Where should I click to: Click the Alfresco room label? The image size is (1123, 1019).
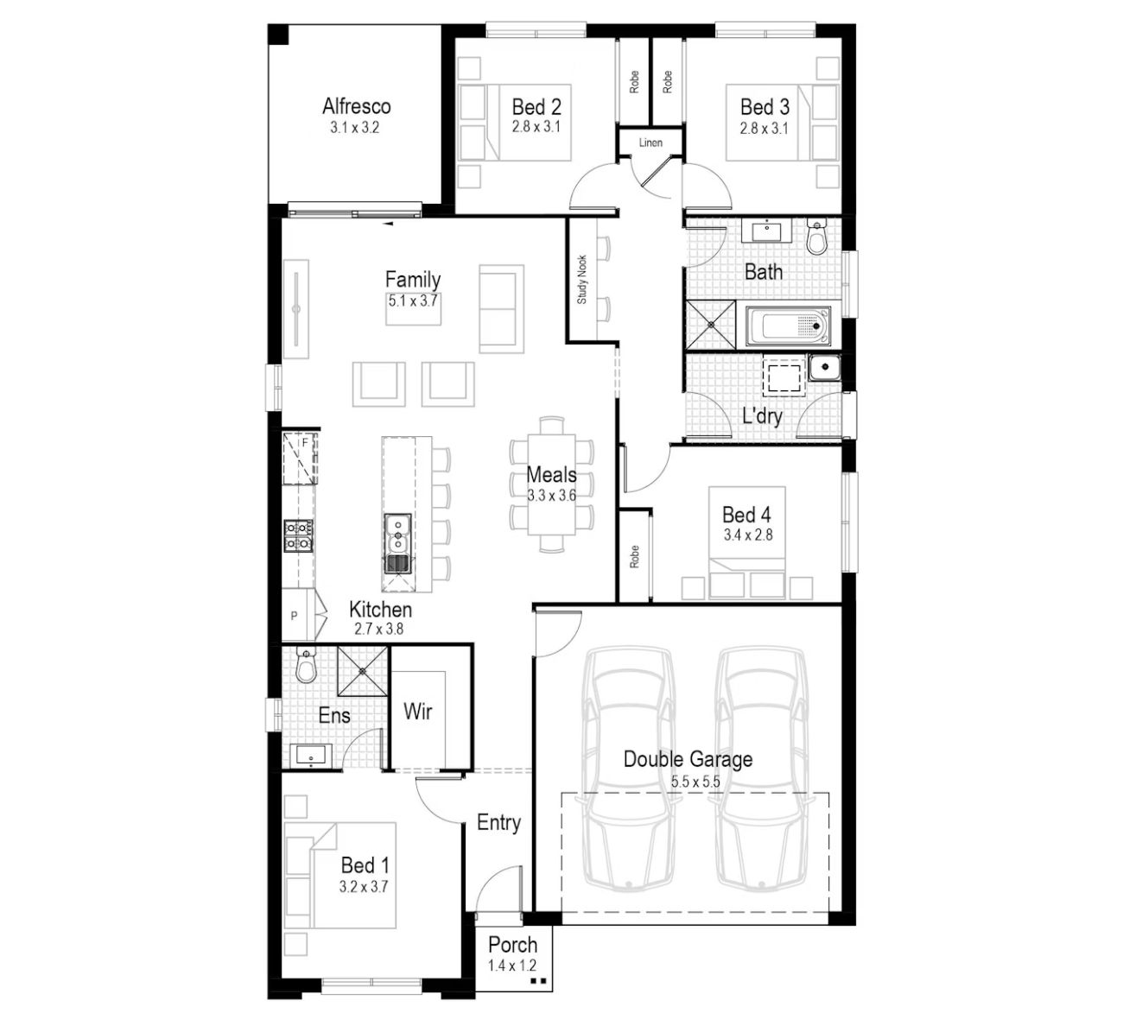click(x=356, y=106)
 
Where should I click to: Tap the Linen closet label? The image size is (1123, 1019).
click(x=650, y=142)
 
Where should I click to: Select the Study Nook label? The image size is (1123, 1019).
click(x=581, y=280)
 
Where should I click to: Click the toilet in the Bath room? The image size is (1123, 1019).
click(x=817, y=238)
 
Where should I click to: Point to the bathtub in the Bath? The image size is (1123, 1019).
click(x=788, y=326)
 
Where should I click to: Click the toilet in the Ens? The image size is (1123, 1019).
click(x=306, y=665)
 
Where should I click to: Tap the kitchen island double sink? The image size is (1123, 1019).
click(x=397, y=544)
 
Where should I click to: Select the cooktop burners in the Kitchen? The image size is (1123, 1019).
click(x=298, y=535)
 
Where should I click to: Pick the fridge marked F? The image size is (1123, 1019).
click(x=301, y=459)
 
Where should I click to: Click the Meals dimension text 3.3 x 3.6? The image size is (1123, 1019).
click(x=551, y=496)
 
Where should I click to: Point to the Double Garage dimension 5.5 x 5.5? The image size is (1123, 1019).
click(x=695, y=782)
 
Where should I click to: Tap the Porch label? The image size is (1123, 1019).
click(x=512, y=945)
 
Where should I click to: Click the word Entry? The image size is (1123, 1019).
click(x=498, y=822)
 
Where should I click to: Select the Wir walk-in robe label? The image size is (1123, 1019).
click(x=417, y=712)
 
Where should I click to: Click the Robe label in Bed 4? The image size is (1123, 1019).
click(x=634, y=556)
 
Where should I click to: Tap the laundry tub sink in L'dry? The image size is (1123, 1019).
click(x=825, y=367)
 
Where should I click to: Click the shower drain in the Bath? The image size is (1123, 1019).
click(x=712, y=325)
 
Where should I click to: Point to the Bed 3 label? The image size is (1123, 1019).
click(x=765, y=107)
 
